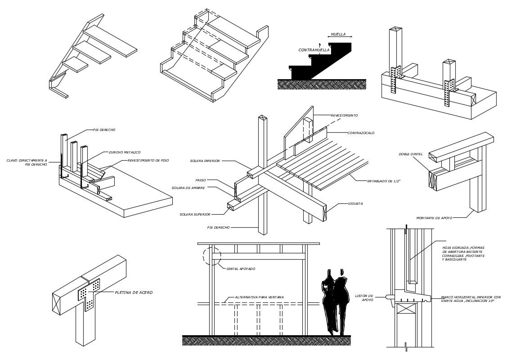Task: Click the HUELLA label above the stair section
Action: tap(338, 34)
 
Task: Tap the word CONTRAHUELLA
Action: tap(314, 50)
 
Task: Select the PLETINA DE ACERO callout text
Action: tap(134, 292)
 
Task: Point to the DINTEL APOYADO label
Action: tap(241, 269)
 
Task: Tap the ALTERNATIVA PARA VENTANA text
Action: tap(259, 297)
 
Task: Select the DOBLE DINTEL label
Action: tap(410, 154)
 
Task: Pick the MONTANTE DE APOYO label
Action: tap(434, 218)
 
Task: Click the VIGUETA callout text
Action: tap(355, 204)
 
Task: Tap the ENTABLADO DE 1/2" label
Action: tap(383, 181)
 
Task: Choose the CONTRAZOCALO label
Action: tap(361, 133)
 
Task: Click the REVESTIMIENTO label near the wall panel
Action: tap(344, 116)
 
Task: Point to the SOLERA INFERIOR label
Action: tap(205, 161)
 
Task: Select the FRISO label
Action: tap(200, 180)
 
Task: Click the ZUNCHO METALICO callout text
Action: tap(124, 153)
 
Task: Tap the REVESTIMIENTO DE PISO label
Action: tap(148, 161)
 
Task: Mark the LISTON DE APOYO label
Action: tap(364, 298)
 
